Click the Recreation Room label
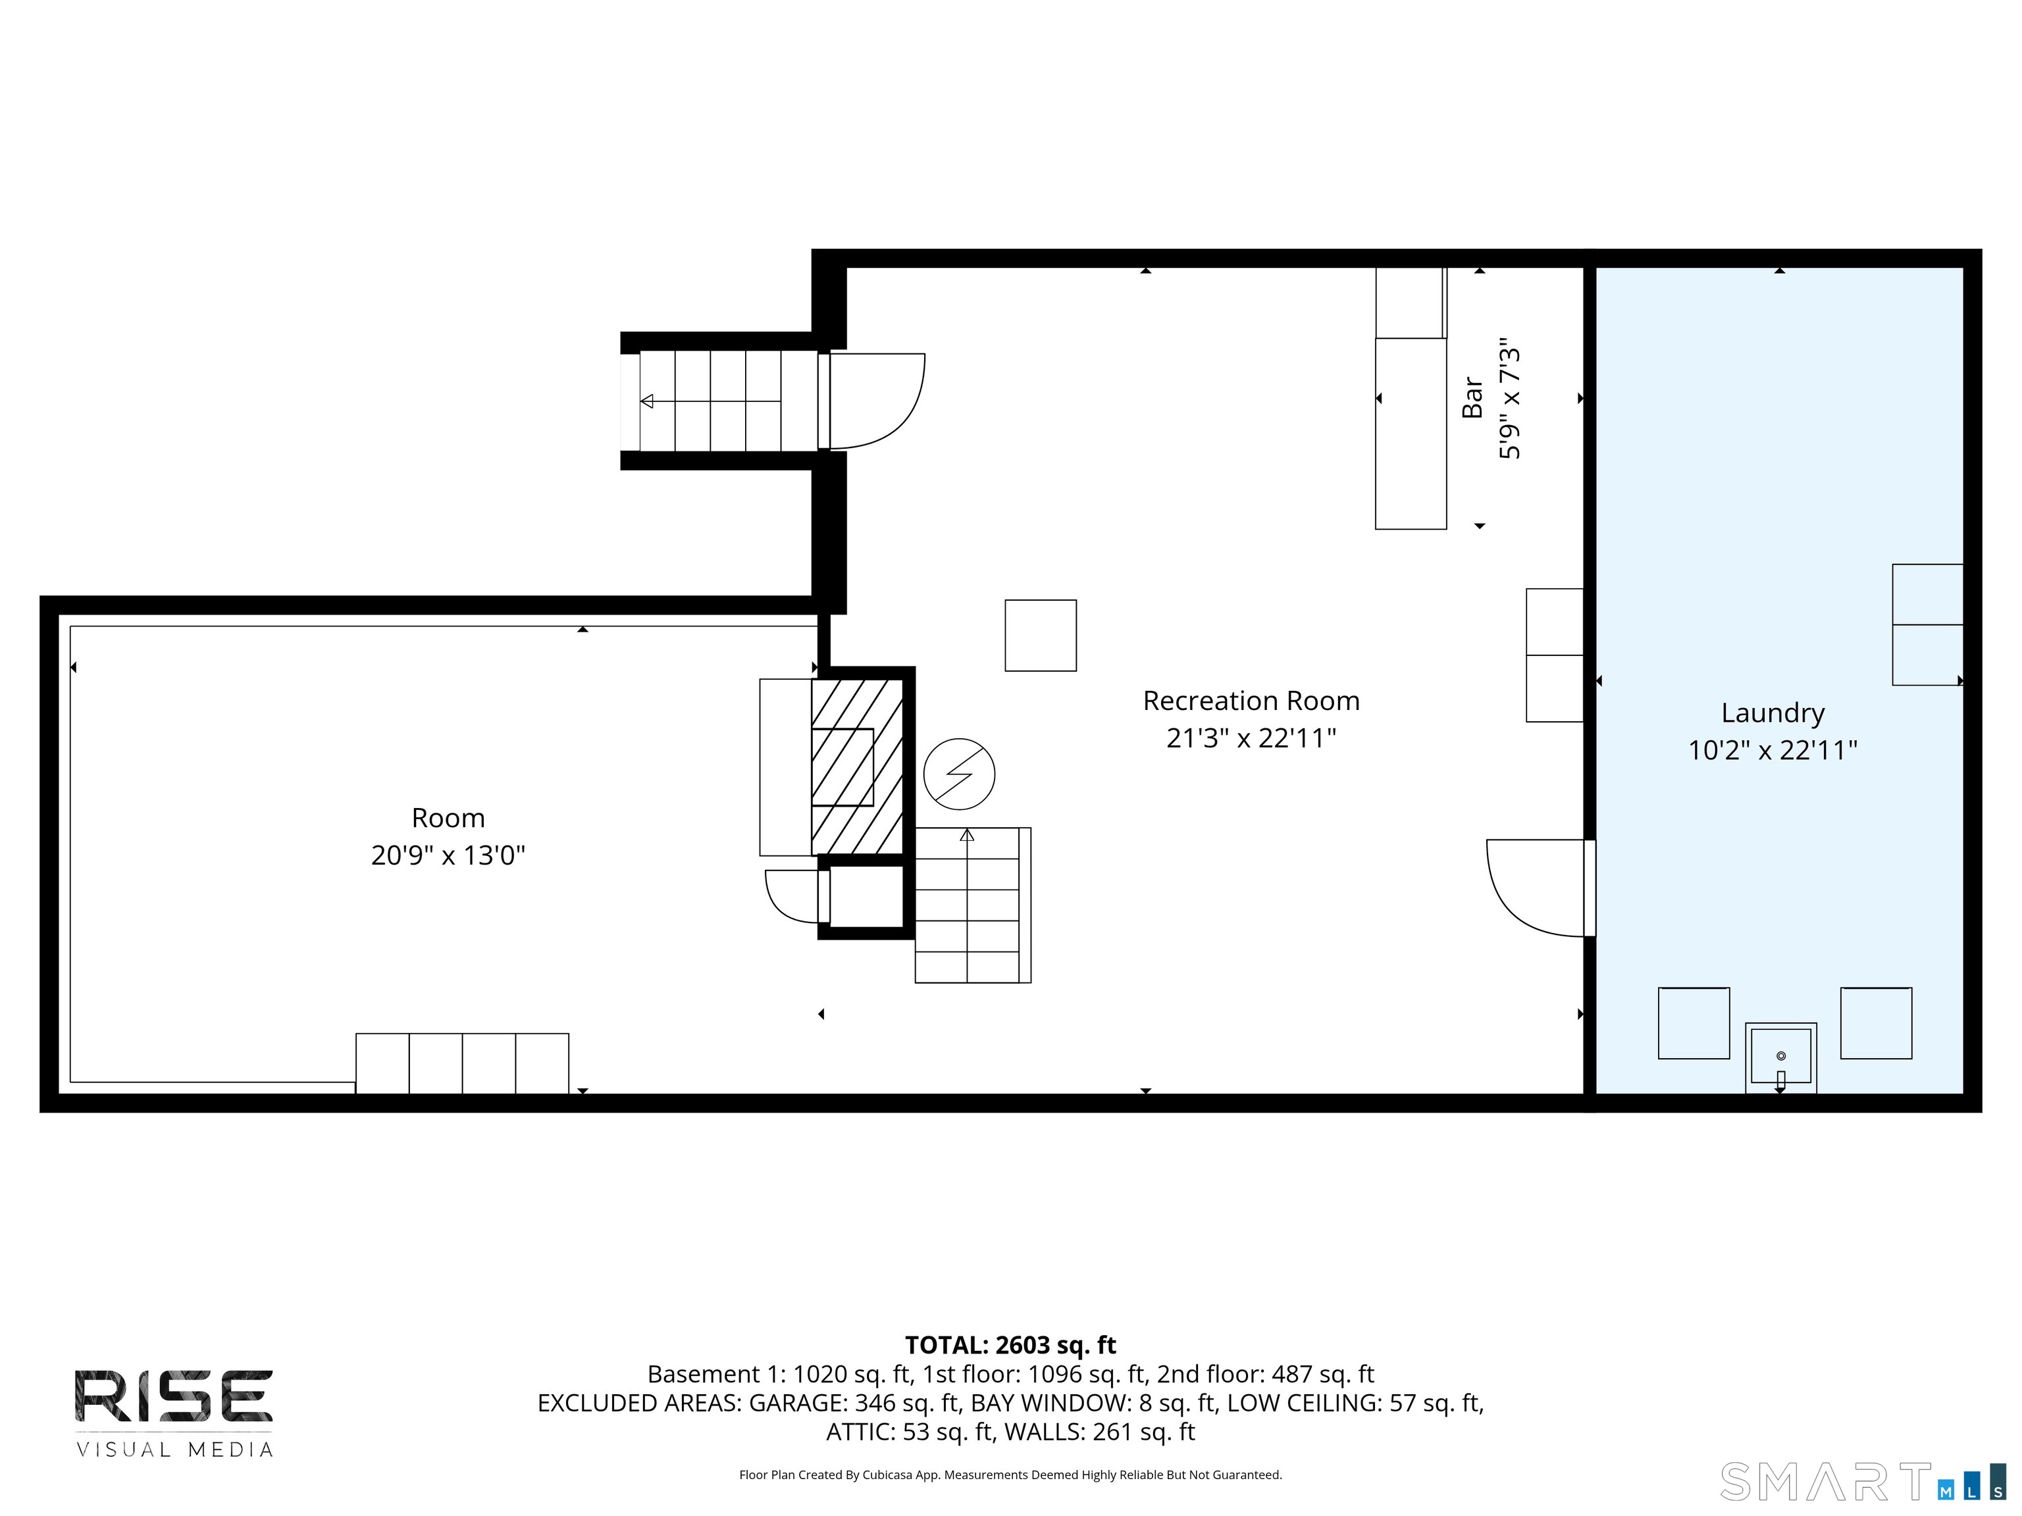[x=1251, y=701]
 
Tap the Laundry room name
[x=1773, y=713]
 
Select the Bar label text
[x=1472, y=397]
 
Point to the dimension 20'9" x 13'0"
[x=448, y=855]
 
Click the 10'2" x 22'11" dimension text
[x=1773, y=750]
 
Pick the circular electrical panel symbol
[x=959, y=773]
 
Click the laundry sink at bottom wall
[x=1780, y=1057]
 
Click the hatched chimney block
[x=858, y=766]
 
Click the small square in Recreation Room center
[x=1040, y=635]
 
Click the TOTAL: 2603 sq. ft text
[x=1010, y=1345]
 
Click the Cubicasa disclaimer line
[x=1010, y=1474]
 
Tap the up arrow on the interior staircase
[x=967, y=834]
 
